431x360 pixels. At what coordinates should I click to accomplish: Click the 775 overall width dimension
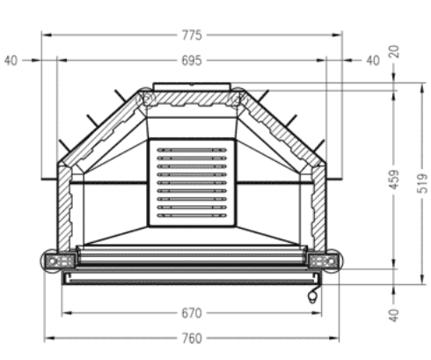click(192, 35)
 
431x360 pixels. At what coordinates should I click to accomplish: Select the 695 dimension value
click(192, 61)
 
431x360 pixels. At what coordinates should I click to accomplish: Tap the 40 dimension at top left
click(11, 61)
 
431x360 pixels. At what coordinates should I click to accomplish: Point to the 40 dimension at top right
click(372, 61)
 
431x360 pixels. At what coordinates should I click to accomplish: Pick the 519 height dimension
click(421, 181)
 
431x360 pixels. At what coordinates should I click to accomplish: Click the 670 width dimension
click(192, 312)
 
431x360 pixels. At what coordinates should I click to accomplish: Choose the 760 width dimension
click(192, 338)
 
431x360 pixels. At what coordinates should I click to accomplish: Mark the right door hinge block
click(323, 260)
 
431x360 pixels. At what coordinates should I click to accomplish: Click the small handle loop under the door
click(312, 298)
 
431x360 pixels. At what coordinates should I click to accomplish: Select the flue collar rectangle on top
click(191, 86)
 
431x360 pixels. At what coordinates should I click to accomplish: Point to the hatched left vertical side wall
click(62, 207)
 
